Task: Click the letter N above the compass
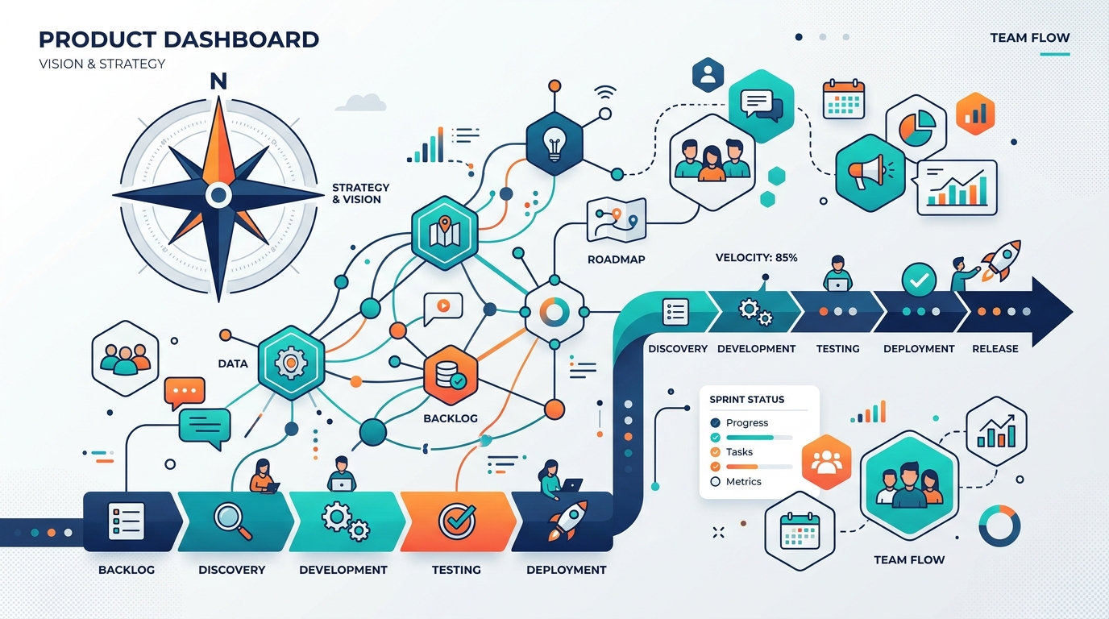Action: (218, 81)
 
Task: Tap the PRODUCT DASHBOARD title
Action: (178, 39)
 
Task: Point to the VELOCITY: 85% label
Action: (756, 257)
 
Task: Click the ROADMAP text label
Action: (616, 260)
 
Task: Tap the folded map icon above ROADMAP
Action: (616, 219)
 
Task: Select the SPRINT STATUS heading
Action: (746, 399)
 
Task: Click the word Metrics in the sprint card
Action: (743, 481)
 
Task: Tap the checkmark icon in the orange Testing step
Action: (456, 521)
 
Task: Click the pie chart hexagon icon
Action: (916, 127)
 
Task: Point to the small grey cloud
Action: (360, 102)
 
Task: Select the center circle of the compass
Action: (218, 194)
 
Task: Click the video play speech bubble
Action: (442, 306)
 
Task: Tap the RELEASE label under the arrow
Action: (995, 349)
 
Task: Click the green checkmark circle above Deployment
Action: (919, 280)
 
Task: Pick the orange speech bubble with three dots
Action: (184, 392)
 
